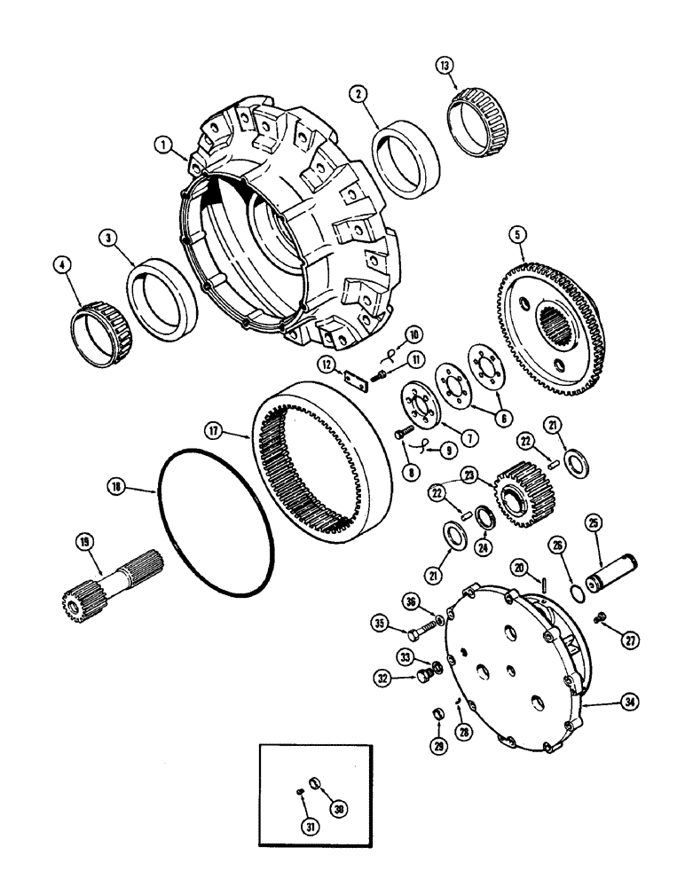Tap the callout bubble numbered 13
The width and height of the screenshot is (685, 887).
click(x=445, y=66)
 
